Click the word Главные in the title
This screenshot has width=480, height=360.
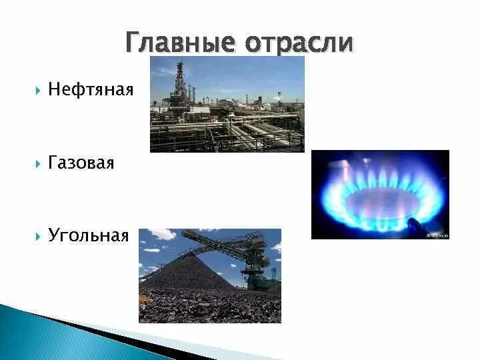point(180,43)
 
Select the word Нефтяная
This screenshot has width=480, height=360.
point(91,89)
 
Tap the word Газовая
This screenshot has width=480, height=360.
point(81,163)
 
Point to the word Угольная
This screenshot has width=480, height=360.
point(88,235)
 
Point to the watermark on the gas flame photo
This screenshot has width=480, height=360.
point(437,235)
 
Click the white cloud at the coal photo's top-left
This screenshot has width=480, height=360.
point(160,235)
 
